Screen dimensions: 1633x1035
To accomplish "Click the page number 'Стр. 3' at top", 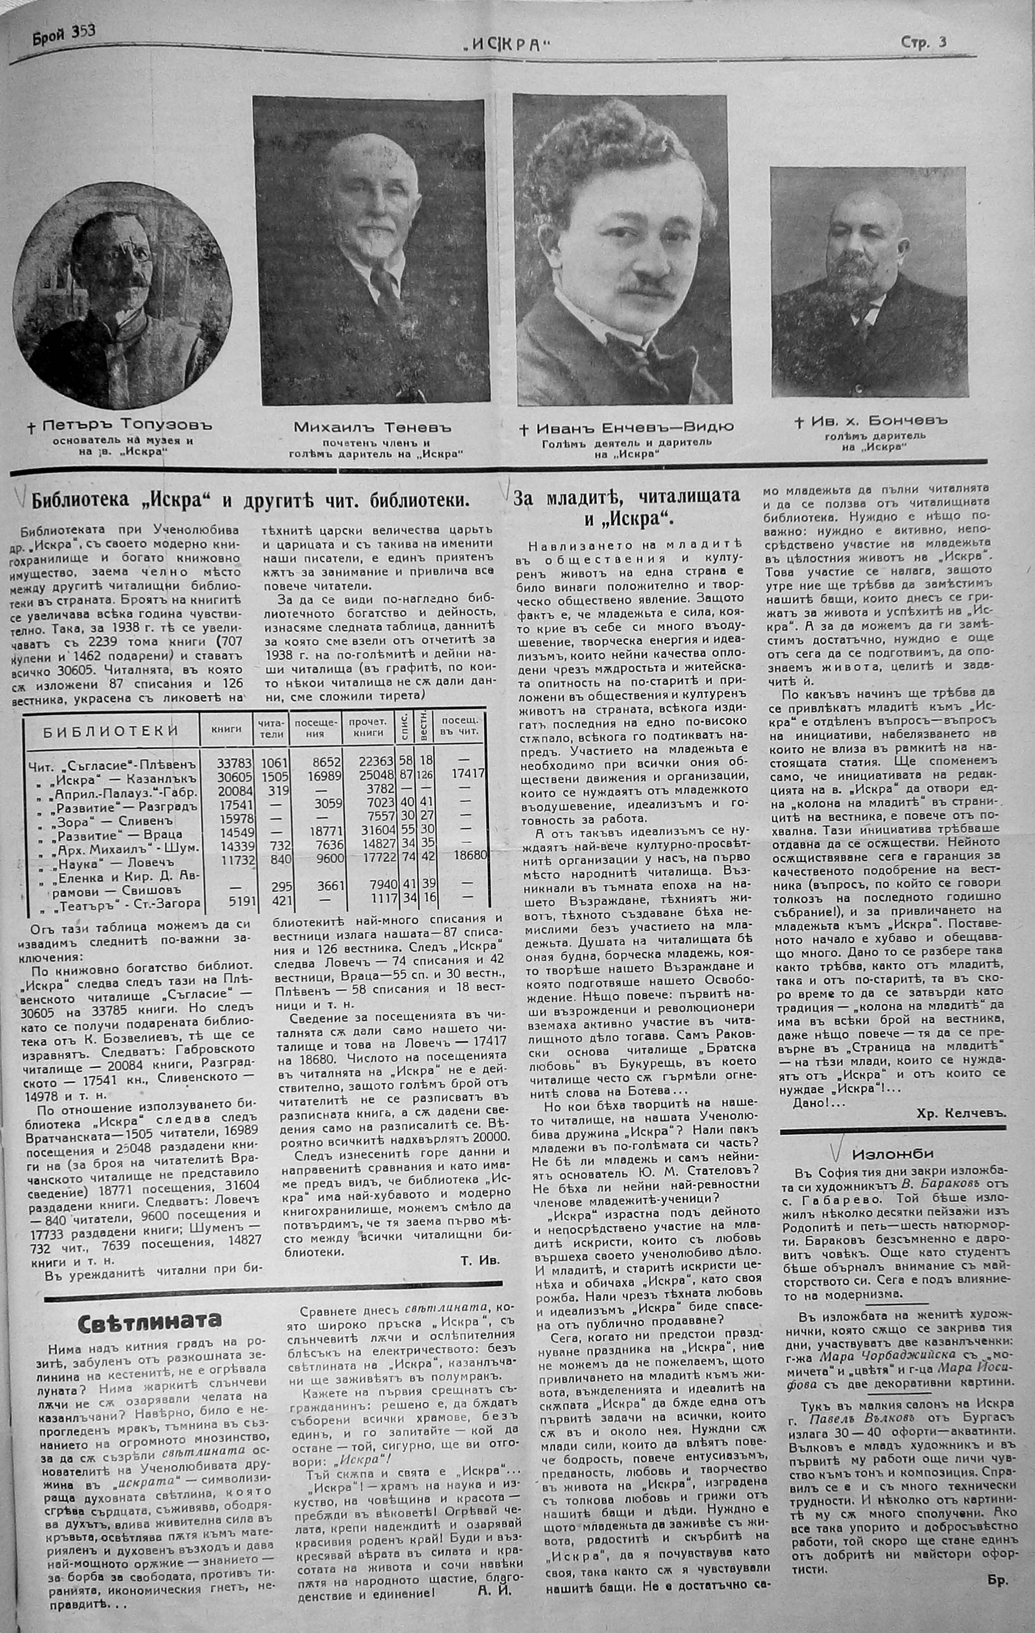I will [x=923, y=42].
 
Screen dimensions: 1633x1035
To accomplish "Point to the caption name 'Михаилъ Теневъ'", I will [x=372, y=428].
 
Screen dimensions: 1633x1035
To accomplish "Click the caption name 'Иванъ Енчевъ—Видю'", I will [x=625, y=428].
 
